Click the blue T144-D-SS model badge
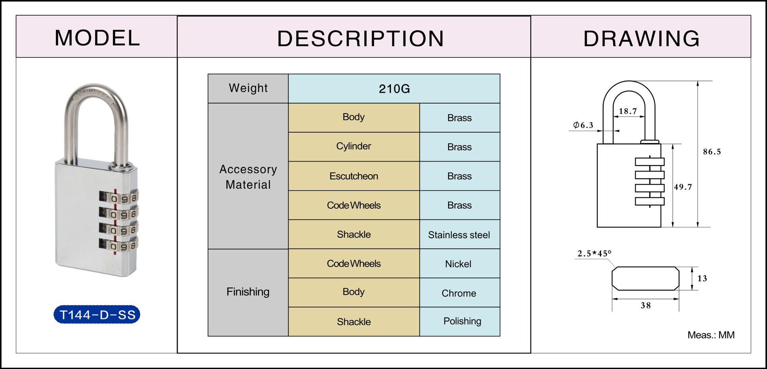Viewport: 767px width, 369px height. [97, 315]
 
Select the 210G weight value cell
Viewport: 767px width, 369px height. [394, 89]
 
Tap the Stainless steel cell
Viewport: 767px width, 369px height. [459, 235]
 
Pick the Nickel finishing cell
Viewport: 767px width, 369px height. [458, 264]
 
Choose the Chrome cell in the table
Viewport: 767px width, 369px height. [459, 293]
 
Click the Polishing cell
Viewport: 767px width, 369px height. [462, 321]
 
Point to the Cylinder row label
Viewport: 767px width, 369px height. [354, 146]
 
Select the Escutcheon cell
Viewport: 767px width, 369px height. [354, 176]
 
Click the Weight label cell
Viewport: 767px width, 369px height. [248, 88]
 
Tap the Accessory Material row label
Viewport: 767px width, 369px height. [248, 177]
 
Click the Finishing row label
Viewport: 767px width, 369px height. [248, 292]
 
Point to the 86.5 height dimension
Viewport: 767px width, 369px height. [712, 152]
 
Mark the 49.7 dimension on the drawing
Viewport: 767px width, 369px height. [683, 187]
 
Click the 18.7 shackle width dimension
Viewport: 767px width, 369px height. [628, 111]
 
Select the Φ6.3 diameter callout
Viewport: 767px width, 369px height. [583, 125]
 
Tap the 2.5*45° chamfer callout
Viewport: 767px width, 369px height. [594, 253]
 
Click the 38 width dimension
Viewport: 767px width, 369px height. [646, 305]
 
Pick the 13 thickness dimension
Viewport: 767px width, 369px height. [702, 278]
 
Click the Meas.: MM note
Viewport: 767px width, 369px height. [711, 335]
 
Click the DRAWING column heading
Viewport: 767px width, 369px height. [641, 38]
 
